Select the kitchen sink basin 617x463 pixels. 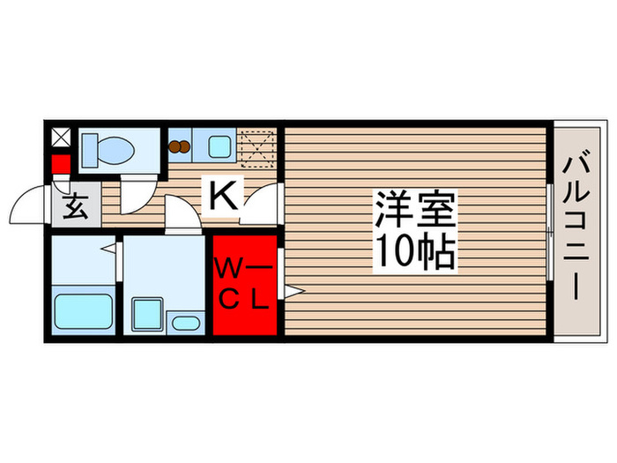[x=219, y=146]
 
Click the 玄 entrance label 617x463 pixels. [x=74, y=209]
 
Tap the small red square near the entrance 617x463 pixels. [x=60, y=164]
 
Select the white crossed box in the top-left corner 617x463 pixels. [x=60, y=138]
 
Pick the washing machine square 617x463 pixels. [x=147, y=313]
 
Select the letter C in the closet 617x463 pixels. [x=227, y=301]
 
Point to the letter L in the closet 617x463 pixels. [x=259, y=301]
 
